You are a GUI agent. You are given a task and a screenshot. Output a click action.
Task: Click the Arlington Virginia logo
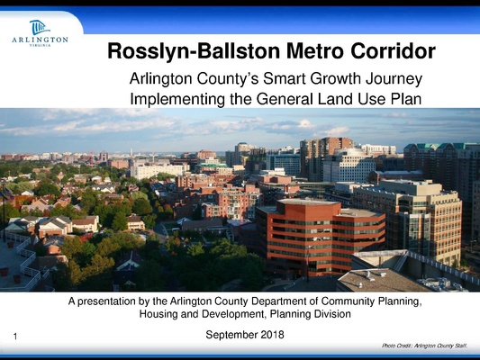[40, 33]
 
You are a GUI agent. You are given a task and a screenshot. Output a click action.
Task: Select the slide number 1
[16, 337]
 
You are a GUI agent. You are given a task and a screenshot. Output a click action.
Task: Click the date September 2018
[245, 335]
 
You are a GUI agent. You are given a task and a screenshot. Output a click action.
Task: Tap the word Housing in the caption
[159, 315]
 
